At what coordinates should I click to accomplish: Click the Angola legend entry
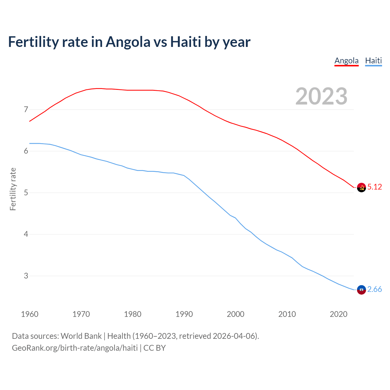point(346,61)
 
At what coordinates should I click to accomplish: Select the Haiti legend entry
point(373,61)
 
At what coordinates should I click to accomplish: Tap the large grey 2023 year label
point(321,96)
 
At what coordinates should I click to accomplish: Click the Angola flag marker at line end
point(361,187)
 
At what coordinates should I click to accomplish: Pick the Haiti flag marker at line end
point(361,290)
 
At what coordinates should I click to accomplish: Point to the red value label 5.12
point(374,187)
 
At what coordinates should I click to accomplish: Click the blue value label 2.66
point(374,289)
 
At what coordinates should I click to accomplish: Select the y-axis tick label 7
point(26,109)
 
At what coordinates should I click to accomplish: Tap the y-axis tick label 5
point(26,193)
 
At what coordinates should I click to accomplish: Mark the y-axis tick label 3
point(26,276)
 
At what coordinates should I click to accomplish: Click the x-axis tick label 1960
point(30,314)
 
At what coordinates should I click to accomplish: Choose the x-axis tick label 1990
point(184,314)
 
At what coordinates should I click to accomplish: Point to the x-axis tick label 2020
point(339,314)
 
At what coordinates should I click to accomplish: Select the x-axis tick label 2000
point(236,314)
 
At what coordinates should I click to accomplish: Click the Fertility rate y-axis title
point(13,189)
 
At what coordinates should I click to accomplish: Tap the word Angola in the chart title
point(128,42)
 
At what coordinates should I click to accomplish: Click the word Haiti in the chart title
point(186,42)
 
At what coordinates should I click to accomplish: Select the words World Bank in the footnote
point(81,336)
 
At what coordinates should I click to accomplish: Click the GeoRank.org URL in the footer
point(75,348)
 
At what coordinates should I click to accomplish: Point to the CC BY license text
point(154,348)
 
